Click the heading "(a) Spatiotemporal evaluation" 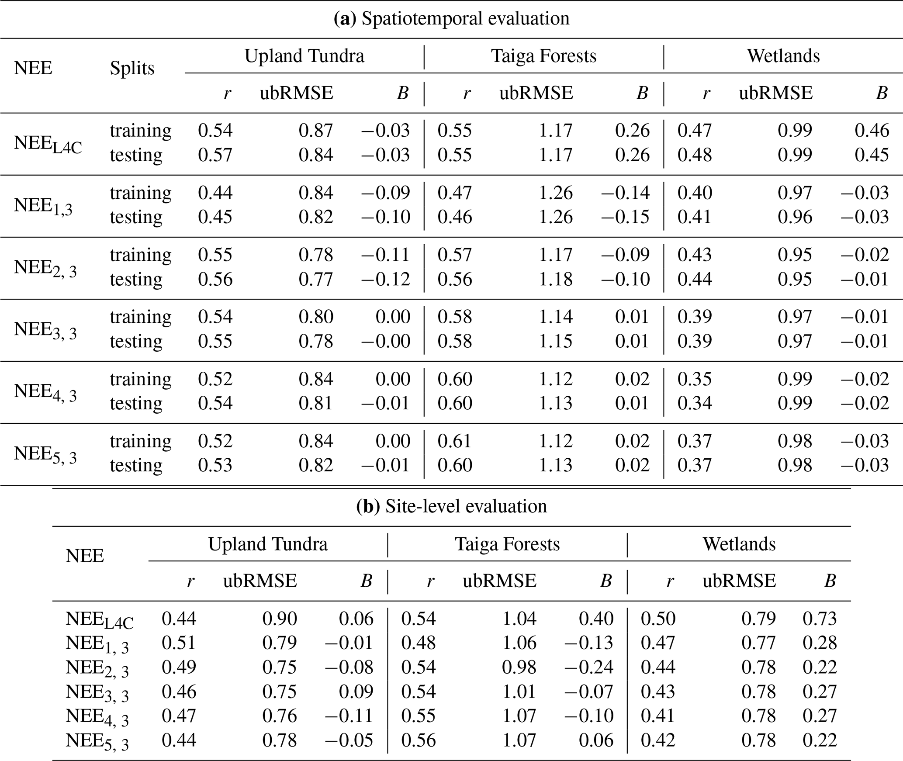pyautogui.click(x=451, y=19)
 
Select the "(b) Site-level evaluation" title pyautogui.click(x=451, y=506)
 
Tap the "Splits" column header pyautogui.click(x=132, y=69)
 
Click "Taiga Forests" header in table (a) pyautogui.click(x=544, y=56)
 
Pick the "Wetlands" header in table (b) pyautogui.click(x=739, y=544)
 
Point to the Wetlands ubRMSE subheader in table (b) pyautogui.click(x=739, y=581)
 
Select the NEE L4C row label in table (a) pyautogui.click(x=48, y=144)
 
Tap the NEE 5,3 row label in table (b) pyautogui.click(x=97, y=741)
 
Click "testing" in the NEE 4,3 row pyautogui.click(x=136, y=403)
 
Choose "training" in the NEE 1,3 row pyautogui.click(x=141, y=193)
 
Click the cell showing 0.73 pyautogui.click(x=820, y=618)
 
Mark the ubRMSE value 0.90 pyautogui.click(x=280, y=618)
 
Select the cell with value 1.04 pyautogui.click(x=519, y=618)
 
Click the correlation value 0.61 pyautogui.click(x=455, y=441)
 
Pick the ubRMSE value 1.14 pyautogui.click(x=555, y=317)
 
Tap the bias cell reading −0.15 pyautogui.click(x=625, y=217)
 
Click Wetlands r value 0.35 pyautogui.click(x=695, y=379)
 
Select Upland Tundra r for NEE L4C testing pyautogui.click(x=215, y=155)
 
